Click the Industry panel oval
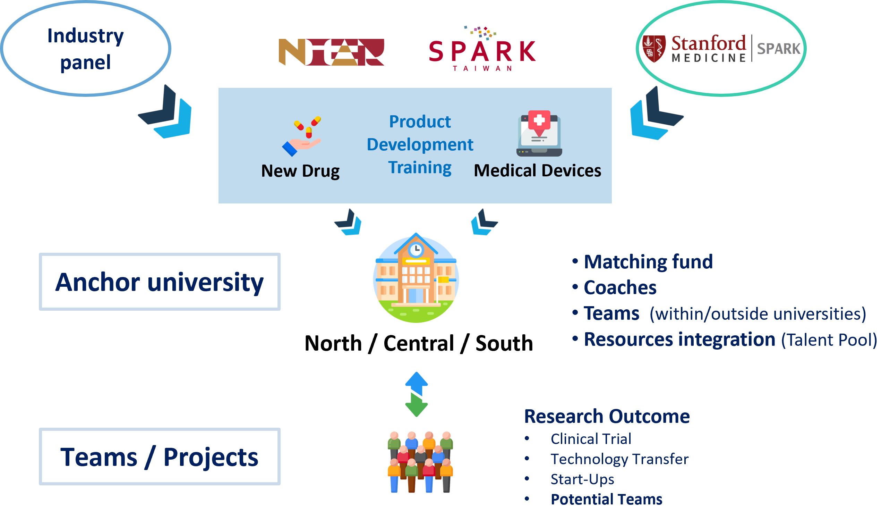(85, 49)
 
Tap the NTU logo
(331, 52)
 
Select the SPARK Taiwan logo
(482, 50)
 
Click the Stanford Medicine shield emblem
(653, 49)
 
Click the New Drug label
(300, 171)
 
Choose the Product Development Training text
(420, 145)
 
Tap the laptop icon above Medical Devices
(539, 134)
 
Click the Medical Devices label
(537, 171)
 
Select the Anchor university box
(160, 282)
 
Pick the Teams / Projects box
(160, 457)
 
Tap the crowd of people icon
(420, 462)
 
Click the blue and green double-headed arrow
(417, 394)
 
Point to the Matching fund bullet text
(648, 262)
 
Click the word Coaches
(620, 288)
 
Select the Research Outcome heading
(606, 416)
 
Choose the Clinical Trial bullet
(591, 439)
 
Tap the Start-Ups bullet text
(582, 479)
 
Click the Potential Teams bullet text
(606, 500)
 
